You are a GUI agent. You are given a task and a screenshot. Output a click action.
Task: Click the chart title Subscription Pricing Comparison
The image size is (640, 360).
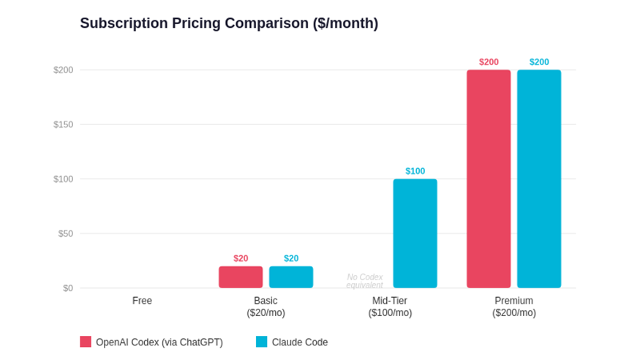[x=229, y=23]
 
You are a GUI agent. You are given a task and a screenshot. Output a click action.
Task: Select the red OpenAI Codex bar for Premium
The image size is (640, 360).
[x=489, y=179]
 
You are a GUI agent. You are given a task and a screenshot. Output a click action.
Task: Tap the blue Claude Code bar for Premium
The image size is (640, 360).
[x=539, y=179]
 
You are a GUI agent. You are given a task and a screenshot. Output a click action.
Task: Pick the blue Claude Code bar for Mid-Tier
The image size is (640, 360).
[x=415, y=233]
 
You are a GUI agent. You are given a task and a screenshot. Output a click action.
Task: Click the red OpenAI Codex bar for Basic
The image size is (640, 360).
[x=241, y=277]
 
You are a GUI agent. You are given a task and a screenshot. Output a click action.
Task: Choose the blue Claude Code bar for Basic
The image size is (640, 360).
[x=291, y=277]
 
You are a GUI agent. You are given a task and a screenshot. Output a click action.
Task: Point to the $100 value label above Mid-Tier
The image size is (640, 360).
[x=415, y=171]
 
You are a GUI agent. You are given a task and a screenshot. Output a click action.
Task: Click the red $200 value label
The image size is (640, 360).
[x=489, y=62]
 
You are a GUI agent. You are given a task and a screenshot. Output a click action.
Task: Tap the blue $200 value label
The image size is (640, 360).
[x=539, y=62]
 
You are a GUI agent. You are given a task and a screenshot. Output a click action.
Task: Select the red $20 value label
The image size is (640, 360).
[x=241, y=258]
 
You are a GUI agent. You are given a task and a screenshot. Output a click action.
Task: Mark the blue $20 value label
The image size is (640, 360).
[x=291, y=258]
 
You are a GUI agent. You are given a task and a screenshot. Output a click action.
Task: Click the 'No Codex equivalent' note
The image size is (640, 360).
[x=365, y=281]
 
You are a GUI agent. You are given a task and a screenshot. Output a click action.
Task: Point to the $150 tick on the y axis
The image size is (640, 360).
[x=63, y=124]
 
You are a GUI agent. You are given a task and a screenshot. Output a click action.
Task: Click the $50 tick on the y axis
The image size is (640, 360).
[x=65, y=233]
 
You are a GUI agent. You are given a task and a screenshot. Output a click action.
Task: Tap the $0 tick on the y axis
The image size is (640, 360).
[x=68, y=288]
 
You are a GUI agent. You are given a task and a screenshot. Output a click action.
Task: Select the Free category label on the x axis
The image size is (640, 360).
[x=142, y=301]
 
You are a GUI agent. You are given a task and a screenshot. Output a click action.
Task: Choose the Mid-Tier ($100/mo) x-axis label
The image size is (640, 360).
[x=390, y=307]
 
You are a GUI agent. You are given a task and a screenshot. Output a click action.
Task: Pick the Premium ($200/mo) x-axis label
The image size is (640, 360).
[x=513, y=307]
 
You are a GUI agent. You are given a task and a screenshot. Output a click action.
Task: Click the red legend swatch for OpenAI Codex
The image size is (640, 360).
[x=86, y=342]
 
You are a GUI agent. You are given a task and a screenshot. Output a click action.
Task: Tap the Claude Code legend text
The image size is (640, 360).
[x=300, y=342]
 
